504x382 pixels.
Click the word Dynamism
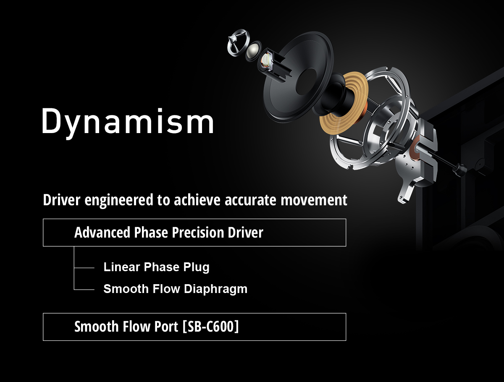[128, 121]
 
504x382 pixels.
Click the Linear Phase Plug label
[156, 267]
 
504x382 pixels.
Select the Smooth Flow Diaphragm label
[175, 289]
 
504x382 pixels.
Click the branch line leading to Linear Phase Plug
[84, 267]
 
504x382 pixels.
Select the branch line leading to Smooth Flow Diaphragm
[84, 289]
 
